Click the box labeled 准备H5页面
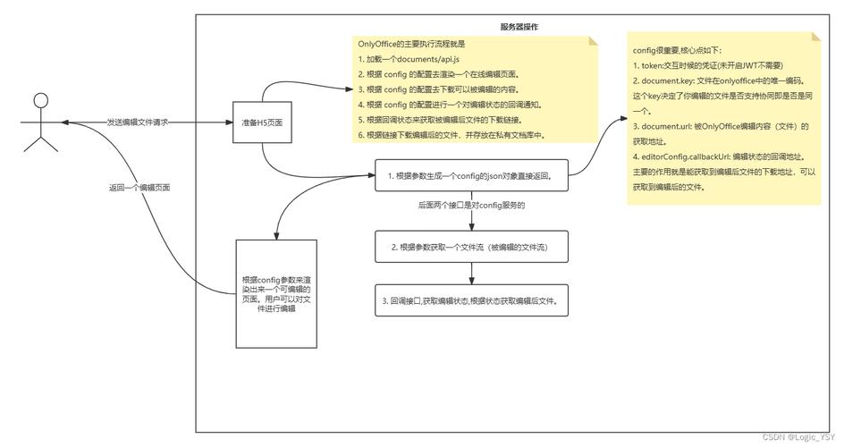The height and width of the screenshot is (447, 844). click(x=262, y=122)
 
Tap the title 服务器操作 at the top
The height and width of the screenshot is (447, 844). click(x=519, y=28)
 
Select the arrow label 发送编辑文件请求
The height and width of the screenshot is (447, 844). click(x=138, y=122)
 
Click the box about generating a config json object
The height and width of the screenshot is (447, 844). click(x=472, y=177)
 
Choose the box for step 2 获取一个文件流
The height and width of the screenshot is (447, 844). click(x=472, y=247)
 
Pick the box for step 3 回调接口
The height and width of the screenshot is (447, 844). click(x=472, y=301)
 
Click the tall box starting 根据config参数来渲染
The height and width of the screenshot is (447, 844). click(x=275, y=293)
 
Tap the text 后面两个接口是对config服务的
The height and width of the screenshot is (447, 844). click(x=470, y=206)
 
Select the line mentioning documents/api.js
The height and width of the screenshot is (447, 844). click(x=402, y=59)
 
